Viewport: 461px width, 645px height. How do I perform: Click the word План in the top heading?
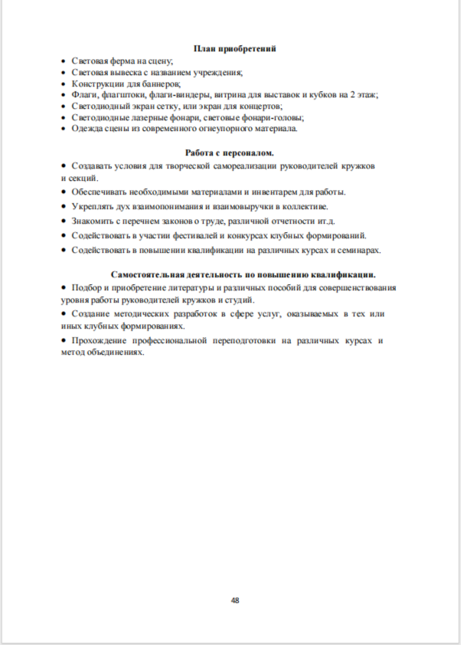207,48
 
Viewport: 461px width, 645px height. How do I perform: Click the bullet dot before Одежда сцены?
64,129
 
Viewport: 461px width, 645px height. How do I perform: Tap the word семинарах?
358,250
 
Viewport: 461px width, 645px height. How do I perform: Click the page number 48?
235,600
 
